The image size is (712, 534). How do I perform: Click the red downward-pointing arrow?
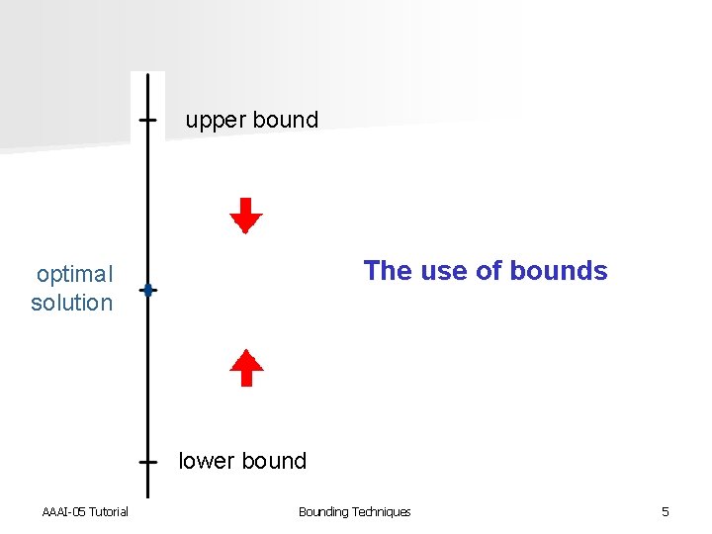(246, 215)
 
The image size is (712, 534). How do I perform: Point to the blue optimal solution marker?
(147, 290)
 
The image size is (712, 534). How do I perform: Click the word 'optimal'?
(74, 274)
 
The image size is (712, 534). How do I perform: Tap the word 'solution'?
(71, 303)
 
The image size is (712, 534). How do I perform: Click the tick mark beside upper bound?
(147, 120)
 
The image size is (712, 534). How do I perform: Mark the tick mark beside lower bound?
(147, 461)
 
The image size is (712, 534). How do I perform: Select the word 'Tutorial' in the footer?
(109, 511)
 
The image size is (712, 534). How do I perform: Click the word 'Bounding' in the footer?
(323, 511)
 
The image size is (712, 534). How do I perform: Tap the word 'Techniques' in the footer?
(382, 511)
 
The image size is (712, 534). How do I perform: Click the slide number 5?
(666, 511)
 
